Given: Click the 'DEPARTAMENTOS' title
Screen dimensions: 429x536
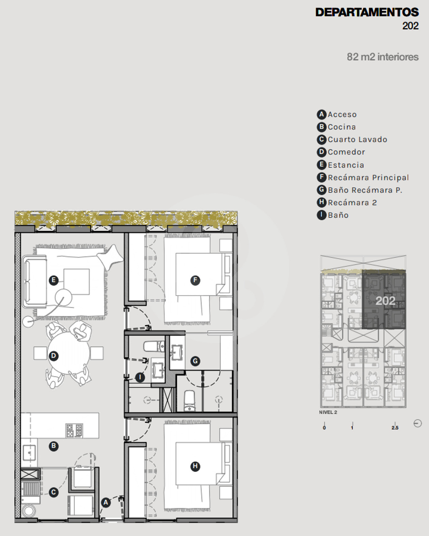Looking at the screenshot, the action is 367,12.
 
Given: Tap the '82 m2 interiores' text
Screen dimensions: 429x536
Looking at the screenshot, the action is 383,57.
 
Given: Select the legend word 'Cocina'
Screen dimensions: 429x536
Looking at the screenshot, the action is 342,127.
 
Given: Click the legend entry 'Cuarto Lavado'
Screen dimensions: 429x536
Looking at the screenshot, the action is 357,140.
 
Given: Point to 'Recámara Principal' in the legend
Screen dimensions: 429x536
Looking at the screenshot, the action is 368,177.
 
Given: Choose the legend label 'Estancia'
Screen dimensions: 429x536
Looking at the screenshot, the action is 346,165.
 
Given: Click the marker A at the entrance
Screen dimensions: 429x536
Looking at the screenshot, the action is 106,502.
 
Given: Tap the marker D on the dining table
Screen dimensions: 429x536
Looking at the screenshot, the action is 54,356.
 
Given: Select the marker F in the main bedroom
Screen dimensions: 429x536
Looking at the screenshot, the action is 195,280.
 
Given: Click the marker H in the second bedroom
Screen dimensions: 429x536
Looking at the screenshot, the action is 195,466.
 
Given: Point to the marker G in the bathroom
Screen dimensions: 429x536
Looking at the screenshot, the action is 195,361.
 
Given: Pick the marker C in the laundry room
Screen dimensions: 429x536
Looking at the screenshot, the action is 54,492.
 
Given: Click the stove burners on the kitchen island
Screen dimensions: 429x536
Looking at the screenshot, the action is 74,431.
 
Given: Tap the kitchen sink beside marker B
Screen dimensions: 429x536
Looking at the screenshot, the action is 29,453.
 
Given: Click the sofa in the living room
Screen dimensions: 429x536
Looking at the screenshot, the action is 34,282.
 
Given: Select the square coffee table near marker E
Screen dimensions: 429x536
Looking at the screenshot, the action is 77,282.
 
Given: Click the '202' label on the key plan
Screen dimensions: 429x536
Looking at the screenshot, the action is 385,301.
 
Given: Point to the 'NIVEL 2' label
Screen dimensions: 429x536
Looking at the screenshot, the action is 328,412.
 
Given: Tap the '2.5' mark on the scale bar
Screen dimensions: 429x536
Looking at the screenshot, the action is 395,428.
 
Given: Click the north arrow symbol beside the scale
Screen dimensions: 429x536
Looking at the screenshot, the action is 418,423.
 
